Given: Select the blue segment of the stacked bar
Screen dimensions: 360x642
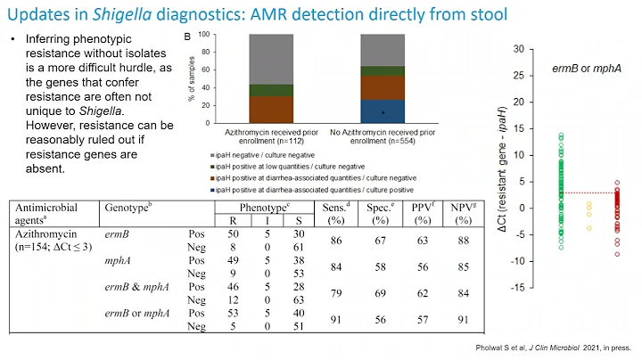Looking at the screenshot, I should click(x=383, y=110).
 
